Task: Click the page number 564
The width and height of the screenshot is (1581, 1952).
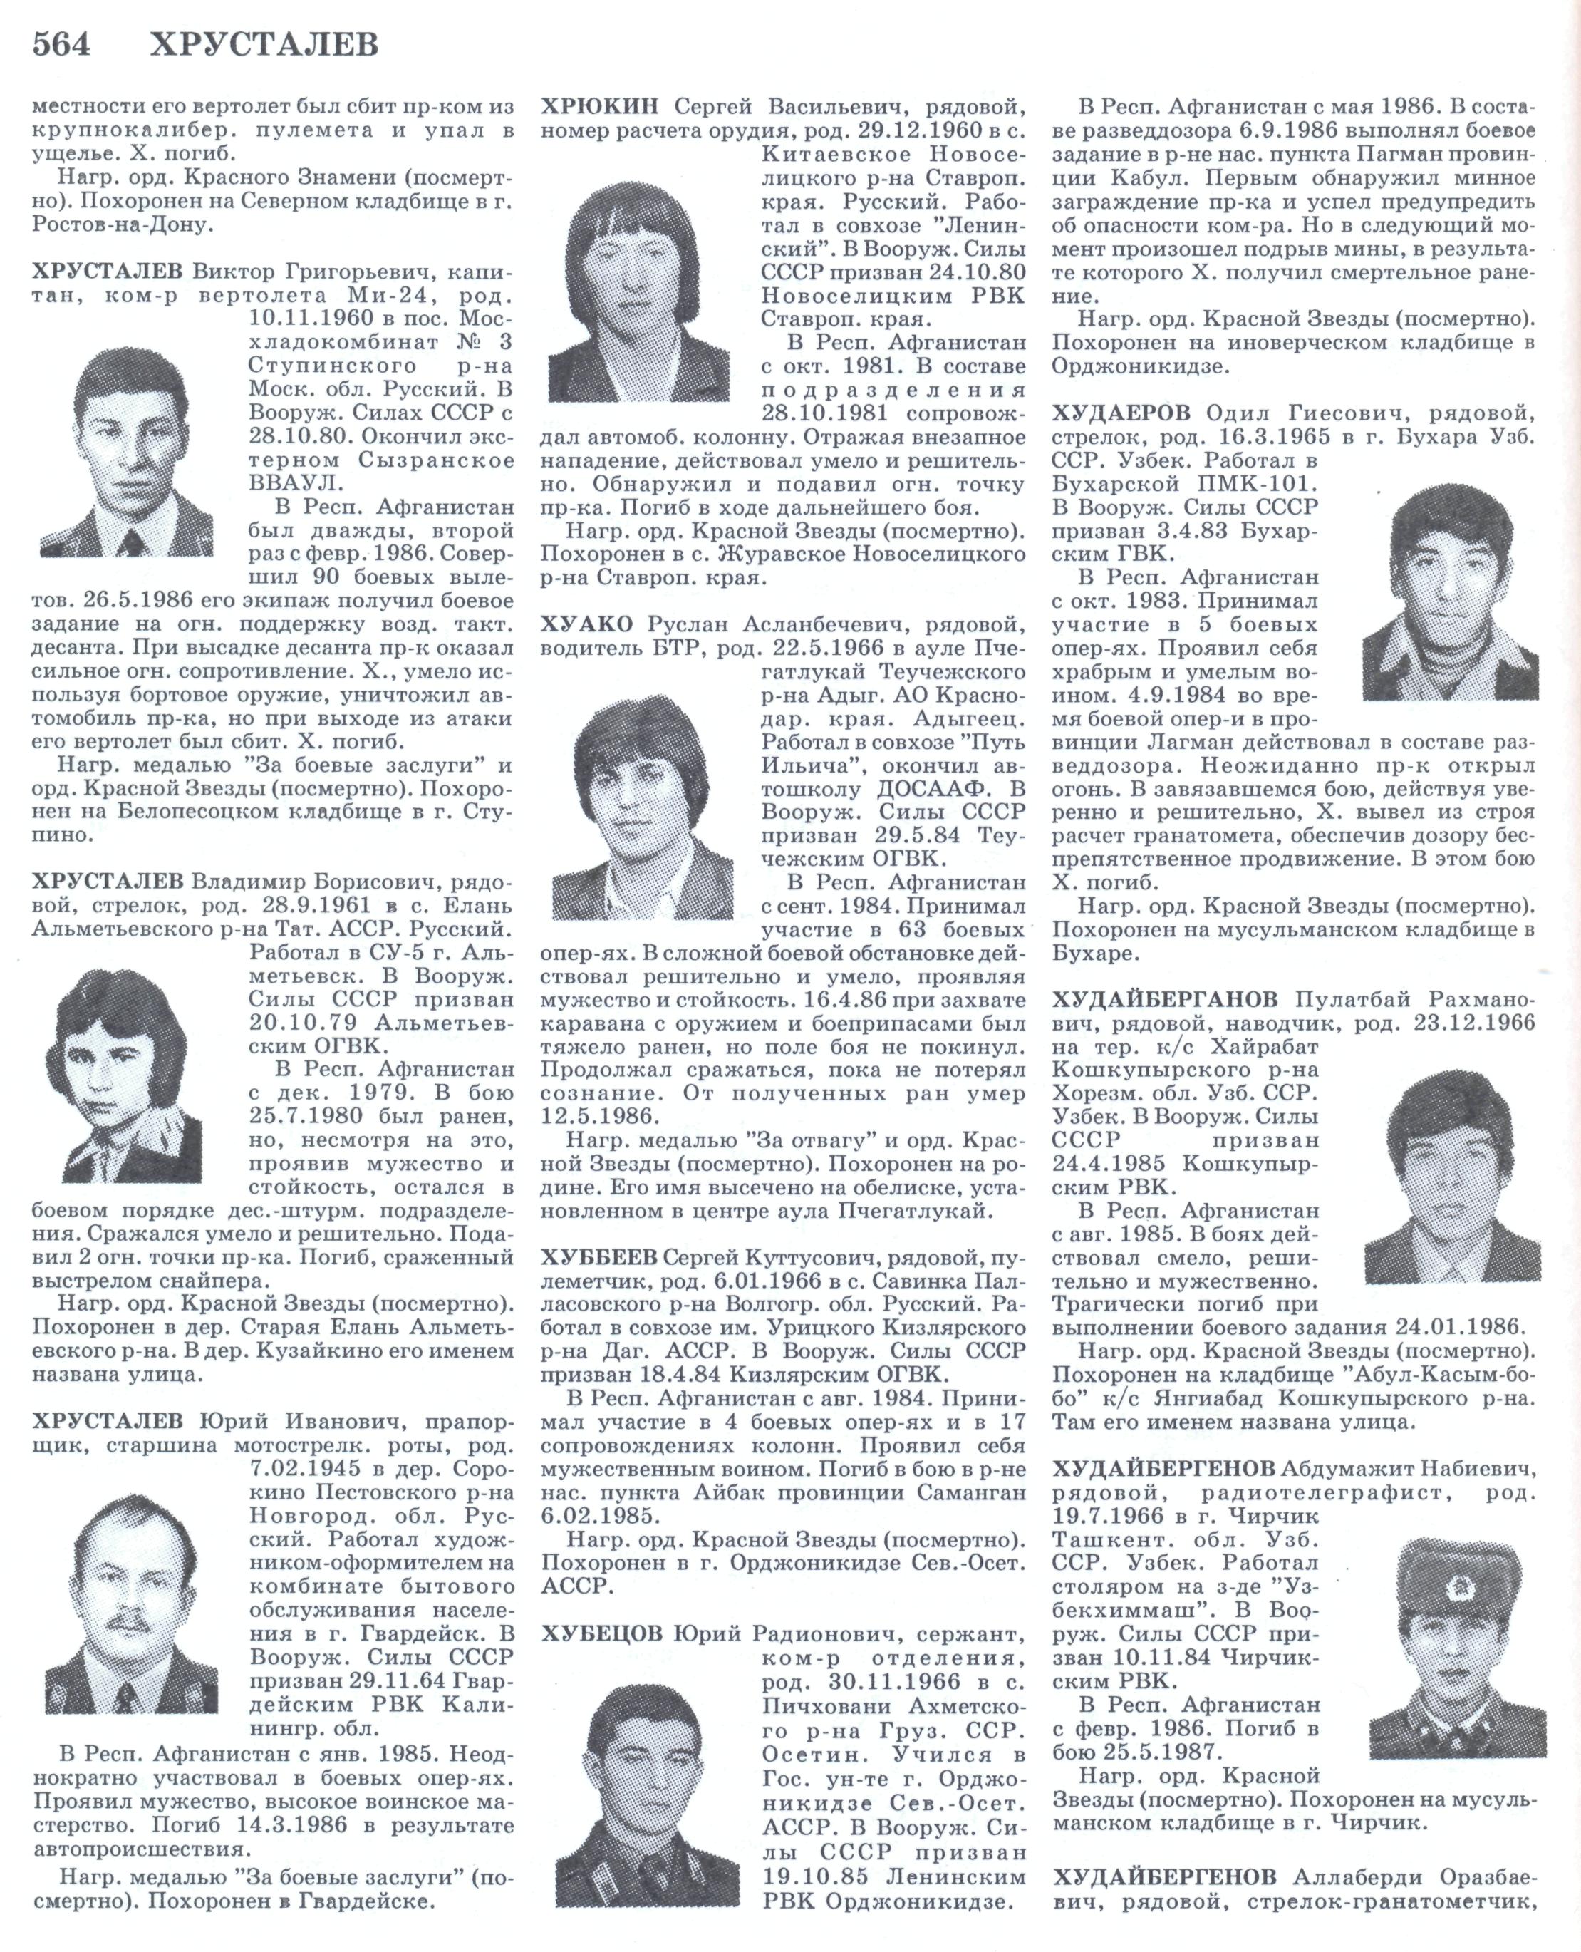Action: pyautogui.click(x=61, y=43)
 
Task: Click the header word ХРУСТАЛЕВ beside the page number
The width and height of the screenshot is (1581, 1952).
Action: pyautogui.click(x=264, y=43)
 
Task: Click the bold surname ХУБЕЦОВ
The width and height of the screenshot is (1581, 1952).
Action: pyautogui.click(x=601, y=1633)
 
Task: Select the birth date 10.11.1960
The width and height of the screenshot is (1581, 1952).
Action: pyautogui.click(x=310, y=318)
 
